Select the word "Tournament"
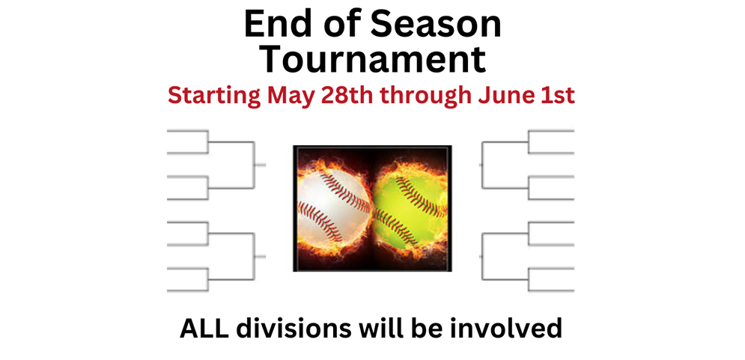(x=374, y=59)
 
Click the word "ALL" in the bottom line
(x=204, y=329)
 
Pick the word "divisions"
(x=289, y=329)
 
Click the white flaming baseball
(x=333, y=209)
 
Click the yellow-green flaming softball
(x=410, y=209)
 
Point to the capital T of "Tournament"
(x=274, y=59)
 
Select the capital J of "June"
(x=484, y=96)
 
